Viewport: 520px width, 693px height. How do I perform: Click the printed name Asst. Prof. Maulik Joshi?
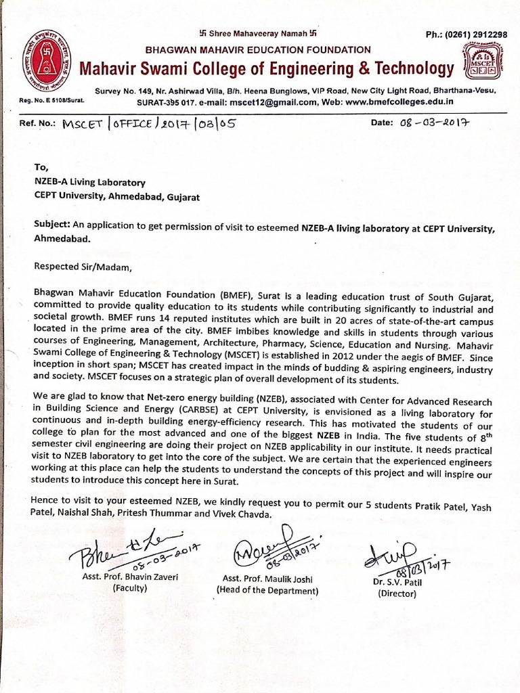266,577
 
